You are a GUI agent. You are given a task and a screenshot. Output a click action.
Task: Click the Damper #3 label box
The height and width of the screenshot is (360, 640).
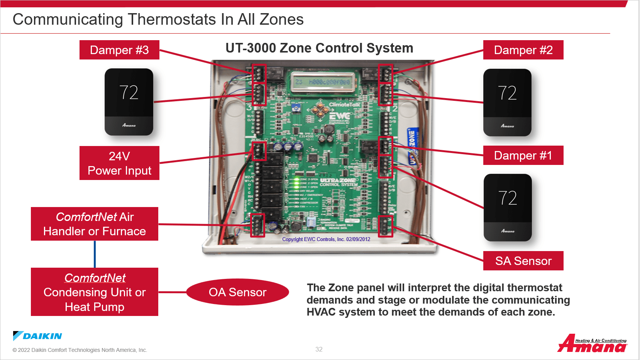(x=119, y=50)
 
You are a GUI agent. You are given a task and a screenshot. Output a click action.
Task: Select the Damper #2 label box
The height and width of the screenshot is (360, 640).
(x=523, y=50)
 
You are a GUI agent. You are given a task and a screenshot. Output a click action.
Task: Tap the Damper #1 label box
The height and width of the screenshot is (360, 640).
(x=523, y=155)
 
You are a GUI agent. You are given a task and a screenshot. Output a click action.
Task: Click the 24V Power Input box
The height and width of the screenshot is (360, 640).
(x=119, y=163)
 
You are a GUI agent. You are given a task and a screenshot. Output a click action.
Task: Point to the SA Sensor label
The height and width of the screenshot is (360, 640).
(x=523, y=261)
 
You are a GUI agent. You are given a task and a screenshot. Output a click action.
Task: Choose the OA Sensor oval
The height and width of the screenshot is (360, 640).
(x=237, y=292)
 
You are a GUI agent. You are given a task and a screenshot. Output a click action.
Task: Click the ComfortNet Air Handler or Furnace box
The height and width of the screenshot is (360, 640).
(x=95, y=224)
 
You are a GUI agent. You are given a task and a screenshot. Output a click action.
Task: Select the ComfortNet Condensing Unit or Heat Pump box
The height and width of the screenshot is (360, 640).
(x=95, y=292)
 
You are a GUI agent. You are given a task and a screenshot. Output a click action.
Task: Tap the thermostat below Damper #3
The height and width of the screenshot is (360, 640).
(x=129, y=102)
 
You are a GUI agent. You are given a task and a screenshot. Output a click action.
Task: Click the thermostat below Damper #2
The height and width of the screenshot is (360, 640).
(x=507, y=102)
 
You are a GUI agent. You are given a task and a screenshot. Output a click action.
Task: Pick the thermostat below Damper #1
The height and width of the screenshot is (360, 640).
(x=508, y=207)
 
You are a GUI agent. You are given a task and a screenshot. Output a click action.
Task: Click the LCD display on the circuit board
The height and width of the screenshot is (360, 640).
(x=322, y=82)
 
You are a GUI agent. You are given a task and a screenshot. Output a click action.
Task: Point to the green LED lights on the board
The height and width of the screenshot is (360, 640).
(x=296, y=183)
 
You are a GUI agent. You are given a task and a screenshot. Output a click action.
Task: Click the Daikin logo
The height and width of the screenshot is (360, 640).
(x=37, y=336)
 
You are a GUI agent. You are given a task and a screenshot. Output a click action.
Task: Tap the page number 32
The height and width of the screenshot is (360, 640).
(x=319, y=349)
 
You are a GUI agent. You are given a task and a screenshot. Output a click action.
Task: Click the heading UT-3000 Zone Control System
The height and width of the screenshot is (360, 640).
(x=319, y=48)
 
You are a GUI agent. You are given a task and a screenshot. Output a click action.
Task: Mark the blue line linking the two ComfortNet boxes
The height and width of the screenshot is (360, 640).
(x=95, y=254)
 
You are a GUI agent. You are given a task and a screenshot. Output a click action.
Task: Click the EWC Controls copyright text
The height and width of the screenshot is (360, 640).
(x=326, y=239)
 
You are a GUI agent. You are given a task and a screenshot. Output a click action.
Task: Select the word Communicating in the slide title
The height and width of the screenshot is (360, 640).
(x=68, y=19)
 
